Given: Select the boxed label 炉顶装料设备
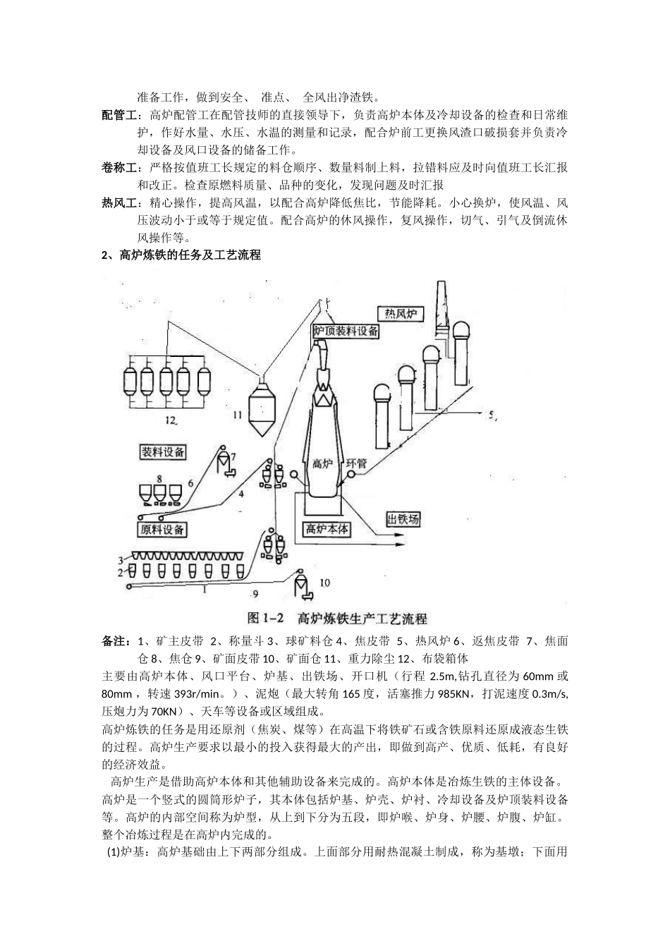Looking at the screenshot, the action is tap(346, 330).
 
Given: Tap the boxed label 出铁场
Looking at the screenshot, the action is tap(403, 520).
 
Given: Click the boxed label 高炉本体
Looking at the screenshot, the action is tap(327, 528).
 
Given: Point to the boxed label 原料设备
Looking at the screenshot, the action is tap(162, 529).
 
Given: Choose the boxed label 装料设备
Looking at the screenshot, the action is tap(163, 451).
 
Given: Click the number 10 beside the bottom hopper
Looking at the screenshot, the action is tap(325, 583).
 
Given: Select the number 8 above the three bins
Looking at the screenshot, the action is tap(159, 478).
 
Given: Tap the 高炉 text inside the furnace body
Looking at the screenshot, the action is tap(322, 463).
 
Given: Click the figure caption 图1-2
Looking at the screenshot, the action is tap(265, 619).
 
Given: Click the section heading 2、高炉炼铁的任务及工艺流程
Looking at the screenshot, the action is tap(181, 255).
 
